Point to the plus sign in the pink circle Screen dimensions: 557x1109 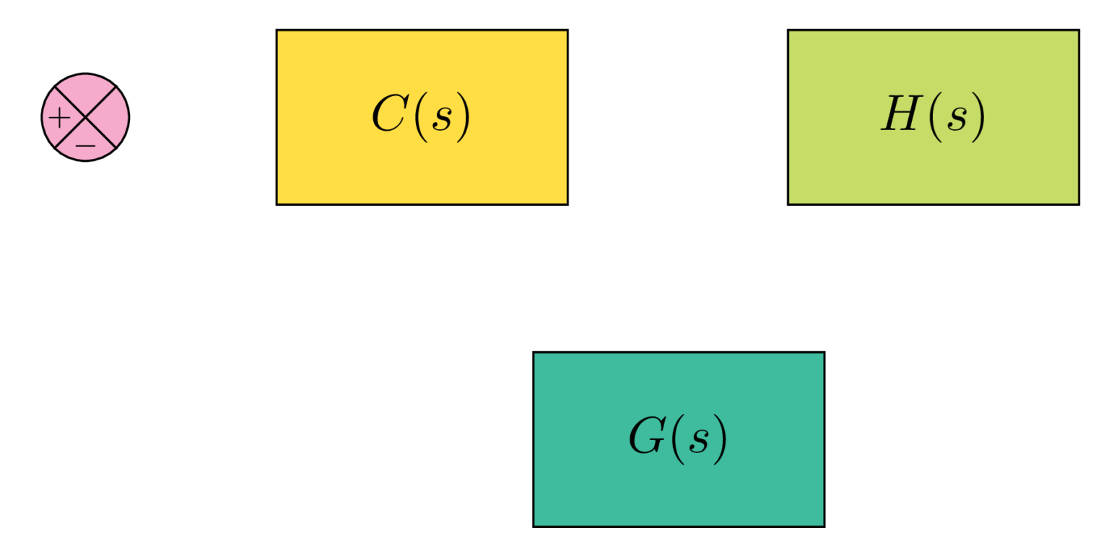(x=59, y=117)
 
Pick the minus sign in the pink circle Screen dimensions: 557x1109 (x=85, y=145)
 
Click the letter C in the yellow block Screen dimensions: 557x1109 (x=388, y=116)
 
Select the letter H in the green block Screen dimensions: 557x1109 (x=898, y=116)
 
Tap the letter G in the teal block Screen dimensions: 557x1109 (x=645, y=438)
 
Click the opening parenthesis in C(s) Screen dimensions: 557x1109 (x=418, y=117)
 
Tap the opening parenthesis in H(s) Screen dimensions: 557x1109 (x=933, y=117)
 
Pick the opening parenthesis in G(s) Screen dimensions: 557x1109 (x=676, y=439)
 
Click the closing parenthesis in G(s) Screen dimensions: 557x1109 (x=720, y=439)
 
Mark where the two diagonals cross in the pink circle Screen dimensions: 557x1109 (x=85, y=117)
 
